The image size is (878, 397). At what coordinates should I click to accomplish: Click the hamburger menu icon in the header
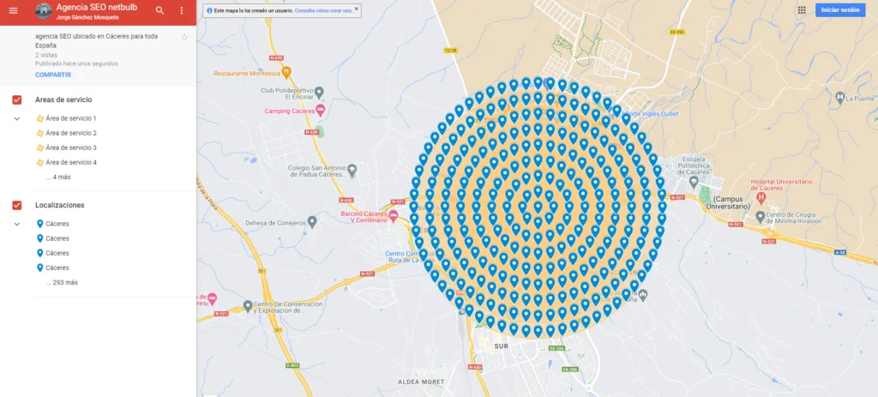pos(13,10)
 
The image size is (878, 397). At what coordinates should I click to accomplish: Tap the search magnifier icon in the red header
pos(159,10)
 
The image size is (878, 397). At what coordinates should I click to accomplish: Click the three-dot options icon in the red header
pos(182,10)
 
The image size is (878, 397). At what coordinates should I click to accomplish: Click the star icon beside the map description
pos(183,38)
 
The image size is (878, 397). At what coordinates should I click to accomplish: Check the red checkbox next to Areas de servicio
pos(16,100)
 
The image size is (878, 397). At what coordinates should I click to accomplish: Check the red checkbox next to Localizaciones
pos(16,206)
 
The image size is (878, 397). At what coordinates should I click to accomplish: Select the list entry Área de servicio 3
pos(70,147)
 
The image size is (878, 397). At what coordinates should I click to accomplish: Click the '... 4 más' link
pos(58,177)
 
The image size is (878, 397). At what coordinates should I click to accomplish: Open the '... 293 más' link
pos(61,282)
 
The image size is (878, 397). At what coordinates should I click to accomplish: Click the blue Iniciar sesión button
pos(839,10)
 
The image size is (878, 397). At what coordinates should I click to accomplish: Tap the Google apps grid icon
pos(802,10)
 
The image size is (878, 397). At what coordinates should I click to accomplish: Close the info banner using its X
pos(357,9)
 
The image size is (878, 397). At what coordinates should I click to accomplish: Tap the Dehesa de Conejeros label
pos(275,223)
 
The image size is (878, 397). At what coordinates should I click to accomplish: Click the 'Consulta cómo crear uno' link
pos(323,11)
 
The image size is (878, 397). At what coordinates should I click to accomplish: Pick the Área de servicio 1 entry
pos(70,118)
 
